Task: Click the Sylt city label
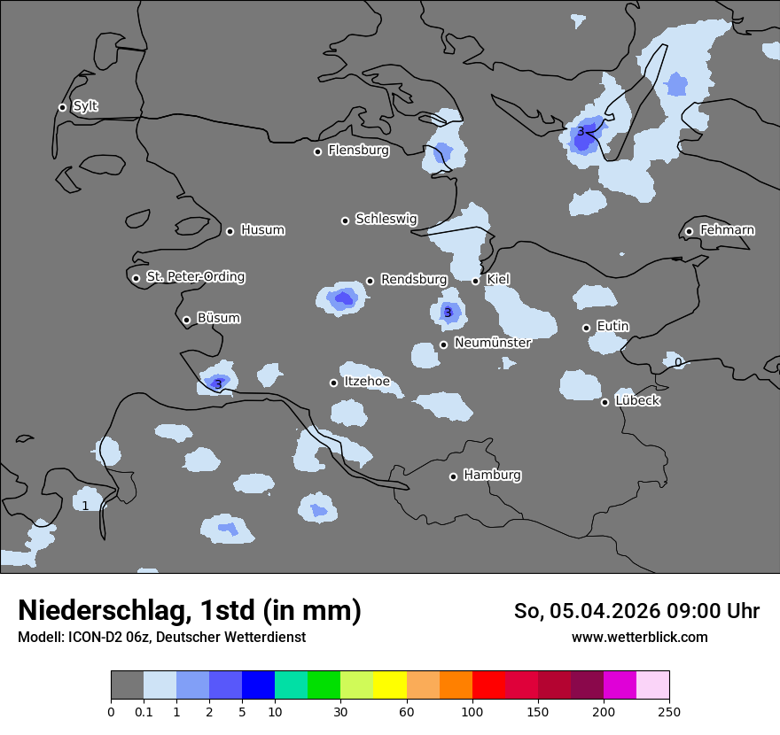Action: click(85, 106)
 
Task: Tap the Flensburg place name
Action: click(358, 151)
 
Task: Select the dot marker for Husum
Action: click(230, 231)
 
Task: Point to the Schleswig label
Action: click(386, 219)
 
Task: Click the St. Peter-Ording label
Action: click(195, 277)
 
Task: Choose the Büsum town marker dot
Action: click(186, 321)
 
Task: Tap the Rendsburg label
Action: click(413, 280)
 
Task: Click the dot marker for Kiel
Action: click(475, 281)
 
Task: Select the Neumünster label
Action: click(492, 343)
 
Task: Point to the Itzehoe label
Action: click(367, 382)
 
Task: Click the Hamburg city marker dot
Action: click(453, 476)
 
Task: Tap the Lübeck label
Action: click(637, 401)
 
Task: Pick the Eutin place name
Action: click(612, 327)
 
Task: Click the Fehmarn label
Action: click(727, 230)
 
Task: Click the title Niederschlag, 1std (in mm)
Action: click(190, 610)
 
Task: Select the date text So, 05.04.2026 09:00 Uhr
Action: click(636, 611)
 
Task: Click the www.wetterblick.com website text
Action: click(639, 638)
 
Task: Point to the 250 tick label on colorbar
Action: click(669, 711)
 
